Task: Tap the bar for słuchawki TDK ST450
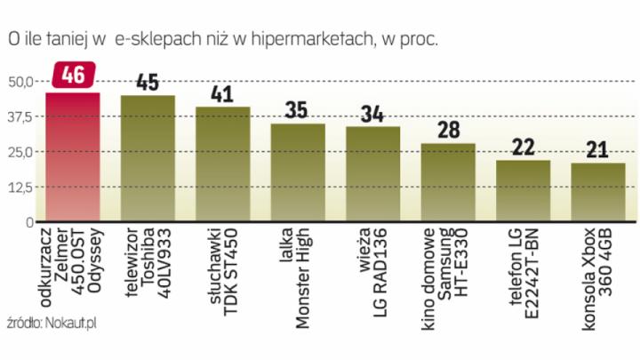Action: click(x=222, y=164)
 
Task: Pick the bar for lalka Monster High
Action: click(x=298, y=172)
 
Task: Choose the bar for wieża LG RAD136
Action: click(x=372, y=174)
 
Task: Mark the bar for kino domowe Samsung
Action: click(x=448, y=182)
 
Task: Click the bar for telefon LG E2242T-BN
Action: click(x=523, y=191)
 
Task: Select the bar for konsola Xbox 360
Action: click(x=598, y=192)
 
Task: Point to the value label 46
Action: click(x=72, y=76)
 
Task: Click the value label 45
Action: click(x=148, y=82)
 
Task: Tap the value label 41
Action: click(x=222, y=93)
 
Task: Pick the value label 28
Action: click(x=448, y=130)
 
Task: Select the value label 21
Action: click(x=598, y=148)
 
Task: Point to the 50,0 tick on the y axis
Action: click(x=20, y=82)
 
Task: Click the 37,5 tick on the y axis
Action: click(x=20, y=116)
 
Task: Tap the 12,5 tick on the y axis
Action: click(x=20, y=188)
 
